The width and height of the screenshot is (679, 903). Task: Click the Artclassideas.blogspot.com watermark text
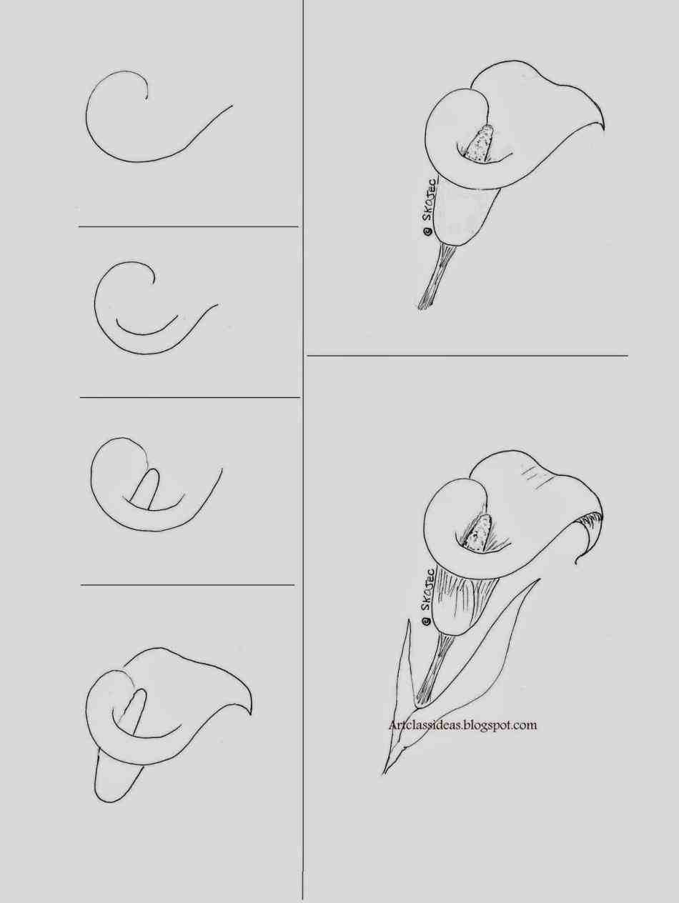462,725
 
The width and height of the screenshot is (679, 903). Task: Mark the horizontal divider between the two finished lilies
467,355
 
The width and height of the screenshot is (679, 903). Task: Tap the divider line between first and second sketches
189,226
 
